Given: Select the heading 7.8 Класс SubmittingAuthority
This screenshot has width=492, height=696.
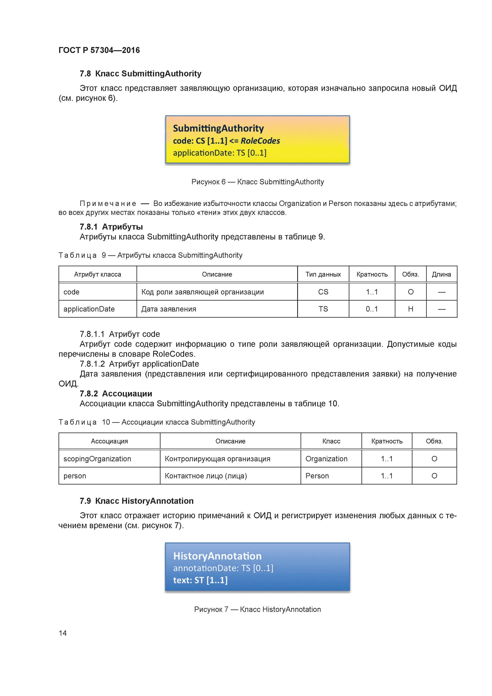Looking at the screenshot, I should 140,74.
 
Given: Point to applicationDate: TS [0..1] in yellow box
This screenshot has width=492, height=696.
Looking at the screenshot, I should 219,153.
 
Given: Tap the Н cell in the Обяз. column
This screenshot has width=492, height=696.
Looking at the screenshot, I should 410,309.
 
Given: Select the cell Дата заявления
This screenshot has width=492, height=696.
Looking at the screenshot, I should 169,309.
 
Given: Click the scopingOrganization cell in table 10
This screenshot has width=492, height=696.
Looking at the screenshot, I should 97,459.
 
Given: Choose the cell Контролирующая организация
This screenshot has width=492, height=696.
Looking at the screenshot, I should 217,459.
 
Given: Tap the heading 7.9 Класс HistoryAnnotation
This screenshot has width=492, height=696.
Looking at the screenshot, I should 136,501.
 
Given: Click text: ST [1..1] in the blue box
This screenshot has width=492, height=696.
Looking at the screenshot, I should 200,580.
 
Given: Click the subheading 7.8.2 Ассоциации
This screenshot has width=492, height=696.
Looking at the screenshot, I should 116,393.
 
